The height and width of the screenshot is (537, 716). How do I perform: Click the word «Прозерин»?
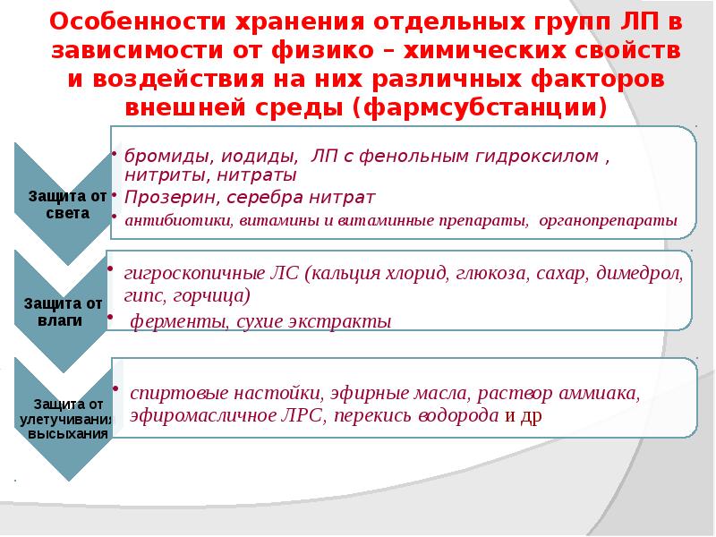163,196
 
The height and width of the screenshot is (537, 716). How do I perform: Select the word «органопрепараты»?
607,220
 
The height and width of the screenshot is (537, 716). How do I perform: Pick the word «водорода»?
461,416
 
